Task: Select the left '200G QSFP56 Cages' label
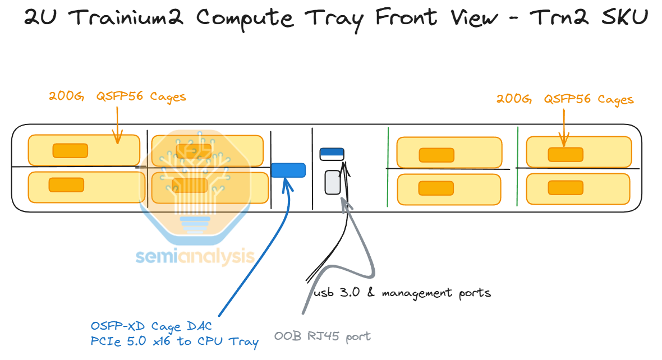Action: pyautogui.click(x=117, y=97)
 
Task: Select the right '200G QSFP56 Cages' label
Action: pyautogui.click(x=565, y=99)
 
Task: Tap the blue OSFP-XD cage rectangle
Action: pyautogui.click(x=288, y=170)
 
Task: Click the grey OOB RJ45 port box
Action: pyautogui.click(x=333, y=182)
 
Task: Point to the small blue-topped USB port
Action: pyautogui.click(x=332, y=154)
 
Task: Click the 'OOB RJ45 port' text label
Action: pyautogui.click(x=323, y=336)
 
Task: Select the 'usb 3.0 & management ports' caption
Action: pyautogui.click(x=402, y=293)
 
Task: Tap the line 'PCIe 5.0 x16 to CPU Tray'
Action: pyautogui.click(x=174, y=341)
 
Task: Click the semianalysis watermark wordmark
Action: pyautogui.click(x=195, y=257)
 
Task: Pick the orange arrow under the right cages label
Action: pyautogui.click(x=564, y=126)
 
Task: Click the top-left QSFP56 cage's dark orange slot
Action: pyautogui.click(x=70, y=150)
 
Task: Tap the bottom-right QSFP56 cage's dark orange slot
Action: pyautogui.click(x=566, y=188)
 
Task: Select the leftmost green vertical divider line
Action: pyautogui.click(x=388, y=168)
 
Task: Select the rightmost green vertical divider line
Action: pyautogui.click(x=517, y=168)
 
